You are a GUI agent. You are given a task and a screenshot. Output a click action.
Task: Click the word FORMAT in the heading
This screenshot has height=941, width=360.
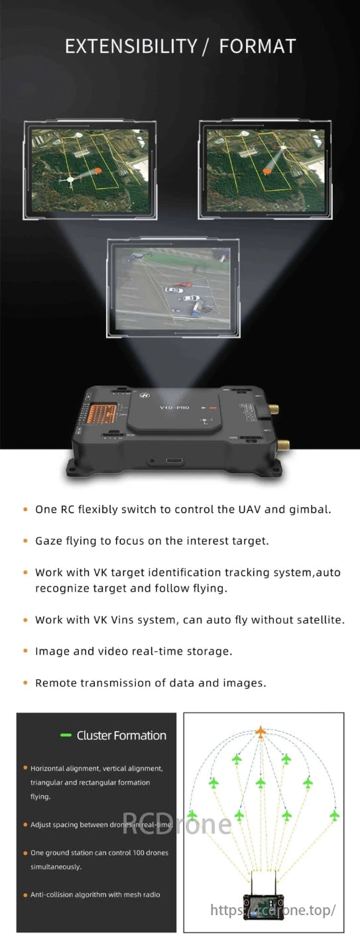(x=257, y=46)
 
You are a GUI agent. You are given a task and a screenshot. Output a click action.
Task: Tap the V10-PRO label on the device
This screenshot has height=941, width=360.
(x=175, y=408)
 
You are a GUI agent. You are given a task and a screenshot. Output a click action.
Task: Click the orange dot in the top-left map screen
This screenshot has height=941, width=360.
(x=98, y=170)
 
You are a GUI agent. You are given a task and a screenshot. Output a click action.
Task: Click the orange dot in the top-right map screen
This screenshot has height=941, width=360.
(x=267, y=171)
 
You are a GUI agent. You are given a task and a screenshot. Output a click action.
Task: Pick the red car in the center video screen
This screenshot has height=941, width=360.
(x=184, y=286)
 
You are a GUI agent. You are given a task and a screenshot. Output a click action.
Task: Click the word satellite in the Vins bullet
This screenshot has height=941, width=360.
(x=320, y=620)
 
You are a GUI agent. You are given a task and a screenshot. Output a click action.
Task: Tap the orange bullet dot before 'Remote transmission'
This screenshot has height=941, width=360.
(x=25, y=683)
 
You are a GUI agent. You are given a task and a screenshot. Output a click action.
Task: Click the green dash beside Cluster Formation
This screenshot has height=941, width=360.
(x=66, y=736)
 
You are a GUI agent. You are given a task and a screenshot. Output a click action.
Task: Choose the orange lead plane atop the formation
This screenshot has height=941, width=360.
(x=261, y=732)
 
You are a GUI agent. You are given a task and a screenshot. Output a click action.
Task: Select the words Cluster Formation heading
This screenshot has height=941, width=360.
(x=121, y=736)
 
